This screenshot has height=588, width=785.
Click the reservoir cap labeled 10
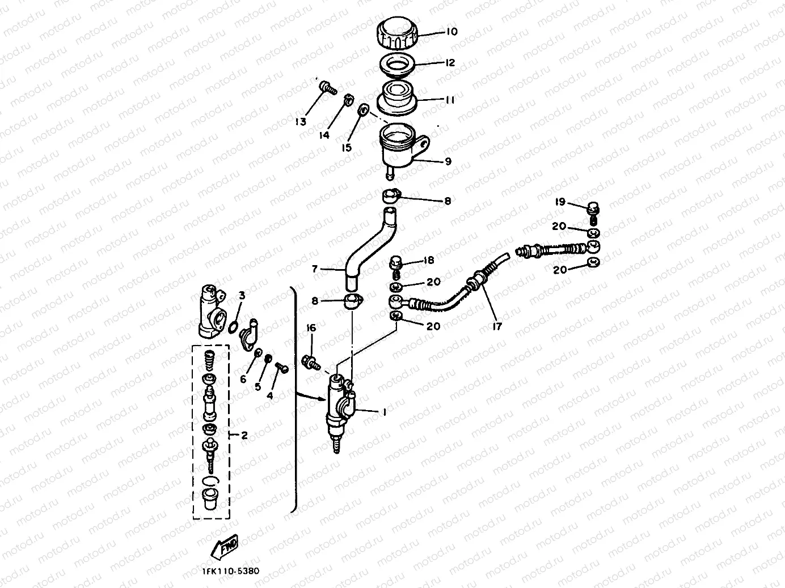(x=397, y=33)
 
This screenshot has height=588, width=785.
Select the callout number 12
(x=450, y=62)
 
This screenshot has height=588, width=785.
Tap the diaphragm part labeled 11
(x=397, y=97)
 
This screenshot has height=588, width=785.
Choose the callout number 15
(x=347, y=147)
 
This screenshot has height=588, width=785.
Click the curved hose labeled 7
(x=370, y=249)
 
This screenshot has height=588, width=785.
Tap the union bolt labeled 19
(x=593, y=213)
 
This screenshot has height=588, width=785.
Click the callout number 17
(x=497, y=326)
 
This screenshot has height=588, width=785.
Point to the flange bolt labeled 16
(x=311, y=362)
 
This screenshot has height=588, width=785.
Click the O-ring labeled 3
(x=233, y=327)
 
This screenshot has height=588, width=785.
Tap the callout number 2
(x=244, y=435)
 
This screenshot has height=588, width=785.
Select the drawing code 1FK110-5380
(x=231, y=571)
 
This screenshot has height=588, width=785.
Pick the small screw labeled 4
(x=282, y=367)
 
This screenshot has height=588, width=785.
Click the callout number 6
(x=243, y=379)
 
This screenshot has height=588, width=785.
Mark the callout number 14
(x=324, y=135)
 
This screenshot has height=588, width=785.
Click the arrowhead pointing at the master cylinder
(x=322, y=399)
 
